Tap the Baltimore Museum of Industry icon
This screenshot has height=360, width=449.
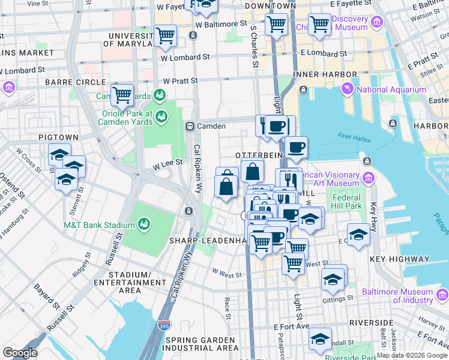click(x=442, y=295)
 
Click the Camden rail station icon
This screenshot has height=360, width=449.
click(x=190, y=126)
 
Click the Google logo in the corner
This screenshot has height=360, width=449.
click(x=20, y=352)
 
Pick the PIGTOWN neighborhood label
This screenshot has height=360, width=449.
click(x=59, y=137)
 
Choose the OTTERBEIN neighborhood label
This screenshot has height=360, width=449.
click(x=258, y=155)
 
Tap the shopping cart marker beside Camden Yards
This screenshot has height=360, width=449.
click(x=122, y=94)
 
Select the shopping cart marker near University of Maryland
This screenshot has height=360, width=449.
click(x=165, y=35)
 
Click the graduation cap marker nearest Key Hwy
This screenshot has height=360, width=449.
click(x=358, y=234)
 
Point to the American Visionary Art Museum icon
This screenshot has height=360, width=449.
click(x=368, y=178)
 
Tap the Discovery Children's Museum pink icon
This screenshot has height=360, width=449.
click(x=377, y=23)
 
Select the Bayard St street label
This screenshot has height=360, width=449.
click(x=45, y=296)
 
